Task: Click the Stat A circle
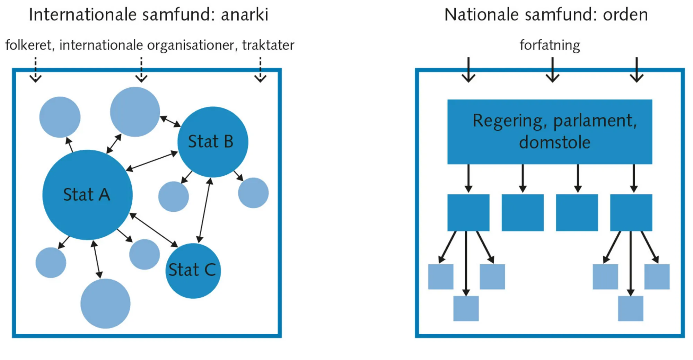87,195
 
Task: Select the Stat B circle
212,142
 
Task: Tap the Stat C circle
193,271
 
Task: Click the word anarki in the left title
245,15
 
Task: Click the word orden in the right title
625,15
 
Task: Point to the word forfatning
550,45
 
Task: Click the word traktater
268,45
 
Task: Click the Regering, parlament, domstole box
550,132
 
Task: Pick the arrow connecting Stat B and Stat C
204,210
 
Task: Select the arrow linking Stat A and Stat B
152,161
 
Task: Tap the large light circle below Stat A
105,304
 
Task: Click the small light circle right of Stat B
253,193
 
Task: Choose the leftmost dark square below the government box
468,212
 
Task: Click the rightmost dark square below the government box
631,212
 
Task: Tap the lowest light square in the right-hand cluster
630,308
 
